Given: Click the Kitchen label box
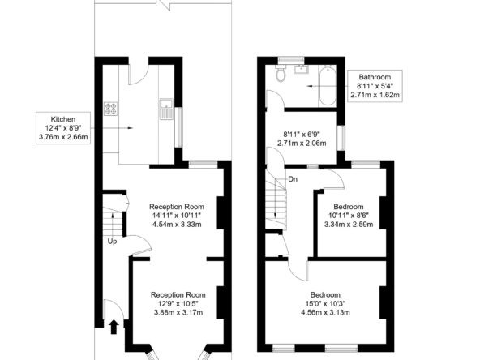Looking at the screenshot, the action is coord(63,128).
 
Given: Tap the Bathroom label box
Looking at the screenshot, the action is coord(375,86).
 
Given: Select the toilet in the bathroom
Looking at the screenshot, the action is coord(281,74).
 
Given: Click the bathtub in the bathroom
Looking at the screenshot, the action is coord(328,85).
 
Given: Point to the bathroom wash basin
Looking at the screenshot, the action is coord(302,69).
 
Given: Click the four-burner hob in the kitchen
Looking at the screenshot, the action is coord(110,109).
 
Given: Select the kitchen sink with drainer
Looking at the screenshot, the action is coord(166,109).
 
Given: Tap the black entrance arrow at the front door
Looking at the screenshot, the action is coord(114,327).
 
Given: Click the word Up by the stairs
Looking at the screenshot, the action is coord(113,242).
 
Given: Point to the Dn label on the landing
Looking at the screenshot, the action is coord(293,179).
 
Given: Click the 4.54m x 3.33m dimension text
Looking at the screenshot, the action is coord(177,225).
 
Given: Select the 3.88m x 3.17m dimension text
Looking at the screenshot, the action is coord(178,312).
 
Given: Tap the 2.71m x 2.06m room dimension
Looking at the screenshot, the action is coord(302,143).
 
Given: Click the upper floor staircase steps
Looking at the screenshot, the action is coord(276,199).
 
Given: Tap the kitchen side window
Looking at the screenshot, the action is coord(181,127).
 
